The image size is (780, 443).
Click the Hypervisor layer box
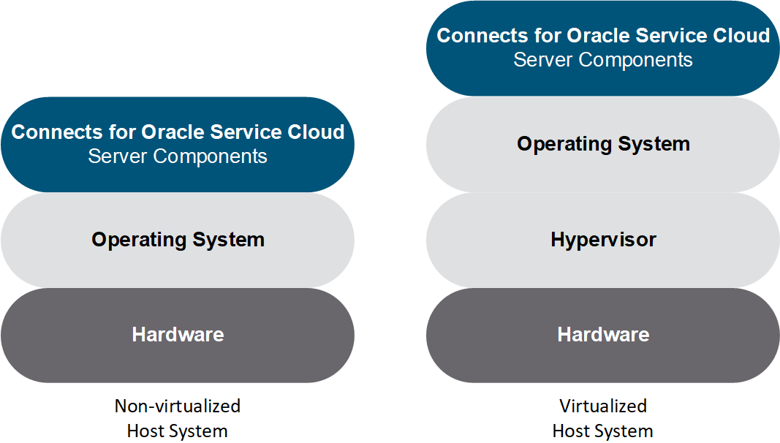coord(603,241)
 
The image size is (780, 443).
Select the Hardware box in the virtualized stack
coord(603,335)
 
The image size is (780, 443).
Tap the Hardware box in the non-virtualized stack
coord(178,335)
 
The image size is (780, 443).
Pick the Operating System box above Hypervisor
coord(603,145)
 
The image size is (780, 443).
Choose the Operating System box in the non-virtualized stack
coord(178,241)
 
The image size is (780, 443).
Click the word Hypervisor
coord(603,241)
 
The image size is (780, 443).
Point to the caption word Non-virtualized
coord(178,406)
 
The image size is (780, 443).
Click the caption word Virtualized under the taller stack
coord(603,406)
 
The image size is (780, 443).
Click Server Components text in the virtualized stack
coord(603,60)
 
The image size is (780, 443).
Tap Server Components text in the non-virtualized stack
coord(178,156)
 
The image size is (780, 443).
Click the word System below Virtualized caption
coord(622,431)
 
